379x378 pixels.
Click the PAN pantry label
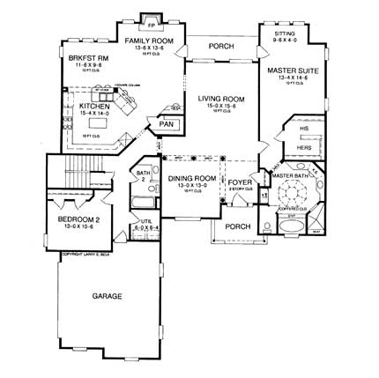click(x=166, y=125)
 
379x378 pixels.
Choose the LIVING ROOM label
click(x=219, y=99)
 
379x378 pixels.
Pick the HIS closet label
click(x=304, y=129)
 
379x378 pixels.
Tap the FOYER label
click(x=238, y=184)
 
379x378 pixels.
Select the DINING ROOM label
click(x=191, y=179)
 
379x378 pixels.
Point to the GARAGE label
click(x=106, y=297)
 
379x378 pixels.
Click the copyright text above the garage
click(x=87, y=256)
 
